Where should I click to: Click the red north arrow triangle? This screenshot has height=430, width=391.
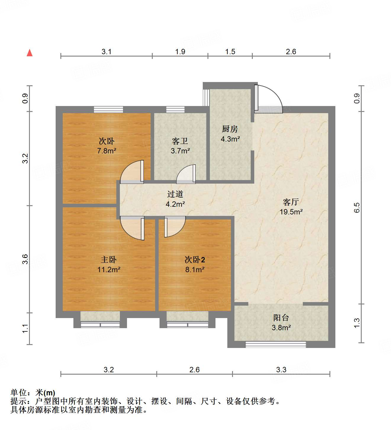[30, 53]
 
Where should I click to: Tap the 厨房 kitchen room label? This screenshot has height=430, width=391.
[230, 129]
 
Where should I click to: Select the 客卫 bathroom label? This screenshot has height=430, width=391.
[180, 141]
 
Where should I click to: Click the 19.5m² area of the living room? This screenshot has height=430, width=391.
[291, 212]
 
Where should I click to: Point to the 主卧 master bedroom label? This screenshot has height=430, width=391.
[109, 260]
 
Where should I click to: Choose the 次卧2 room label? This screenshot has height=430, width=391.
[195, 260]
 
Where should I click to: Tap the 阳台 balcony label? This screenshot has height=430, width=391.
[281, 318]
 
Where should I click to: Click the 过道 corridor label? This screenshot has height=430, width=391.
[175, 194]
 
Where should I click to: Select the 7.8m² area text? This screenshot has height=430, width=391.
[107, 151]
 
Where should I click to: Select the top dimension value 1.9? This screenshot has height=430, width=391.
[180, 52]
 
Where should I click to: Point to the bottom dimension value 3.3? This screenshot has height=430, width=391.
[281, 370]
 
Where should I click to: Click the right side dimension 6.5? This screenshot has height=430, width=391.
[357, 208]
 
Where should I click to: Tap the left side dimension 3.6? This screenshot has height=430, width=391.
[25, 259]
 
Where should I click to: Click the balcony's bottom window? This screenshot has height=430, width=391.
[276, 344]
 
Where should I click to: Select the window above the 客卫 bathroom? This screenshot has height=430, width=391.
[175, 110]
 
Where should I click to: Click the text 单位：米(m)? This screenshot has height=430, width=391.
[33, 393]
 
